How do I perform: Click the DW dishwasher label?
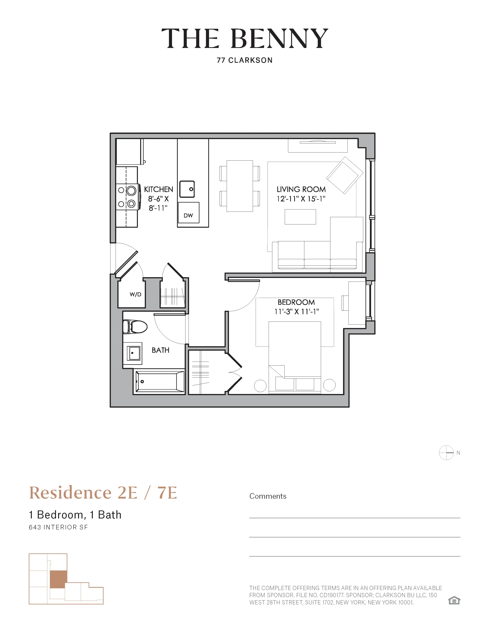tap(188, 215)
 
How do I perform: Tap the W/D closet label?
tap(135, 294)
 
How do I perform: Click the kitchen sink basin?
tap(187, 189)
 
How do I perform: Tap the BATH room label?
tap(161, 350)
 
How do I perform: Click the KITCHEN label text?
tap(158, 189)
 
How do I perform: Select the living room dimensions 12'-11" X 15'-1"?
tap(301, 199)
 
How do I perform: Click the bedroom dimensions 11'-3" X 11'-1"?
tap(296, 312)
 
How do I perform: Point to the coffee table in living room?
tap(300, 217)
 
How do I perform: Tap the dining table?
tap(240, 186)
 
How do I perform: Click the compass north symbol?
tap(446, 452)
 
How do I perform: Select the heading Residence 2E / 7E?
tap(103, 493)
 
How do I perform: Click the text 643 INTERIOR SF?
tap(58, 527)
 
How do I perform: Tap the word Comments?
tap(268, 496)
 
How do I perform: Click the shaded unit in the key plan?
tap(58, 579)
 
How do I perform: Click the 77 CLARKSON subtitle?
tap(244, 60)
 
